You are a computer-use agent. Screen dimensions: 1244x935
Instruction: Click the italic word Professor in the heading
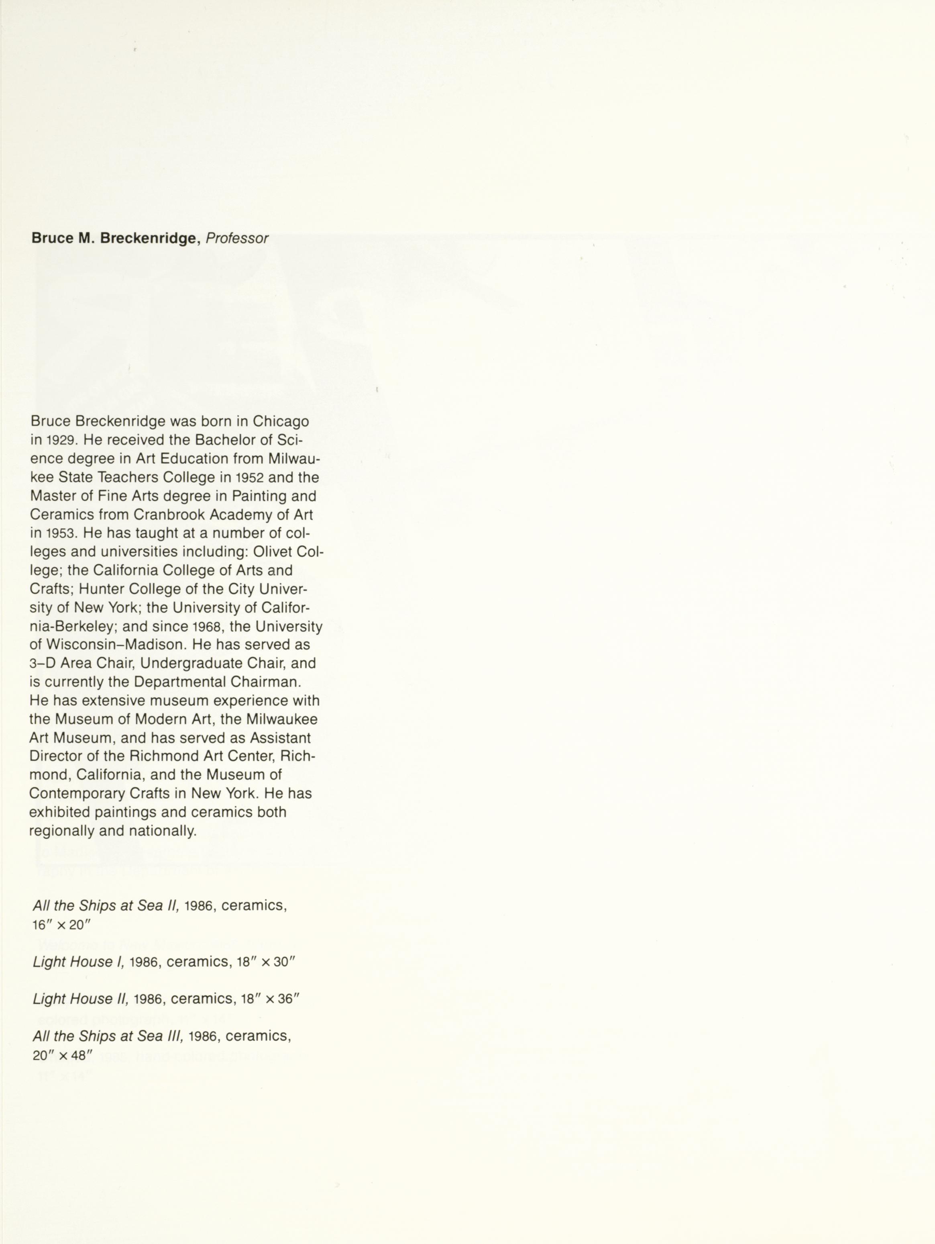click(237, 239)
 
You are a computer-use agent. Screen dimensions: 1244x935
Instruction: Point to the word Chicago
click(281, 421)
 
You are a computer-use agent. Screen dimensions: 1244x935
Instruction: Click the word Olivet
click(272, 552)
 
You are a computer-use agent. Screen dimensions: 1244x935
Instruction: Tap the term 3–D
click(43, 664)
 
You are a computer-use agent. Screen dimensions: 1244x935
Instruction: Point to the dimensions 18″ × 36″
click(271, 999)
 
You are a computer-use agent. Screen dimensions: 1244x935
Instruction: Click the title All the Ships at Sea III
click(108, 1036)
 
